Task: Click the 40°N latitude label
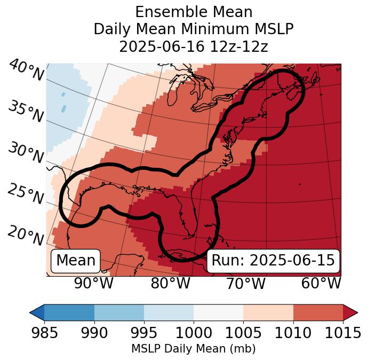[26, 71]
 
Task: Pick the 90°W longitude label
[94, 283]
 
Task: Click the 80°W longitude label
[170, 283]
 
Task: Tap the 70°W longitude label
[245, 283]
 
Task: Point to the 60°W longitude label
[321, 283]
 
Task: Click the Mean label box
[76, 261]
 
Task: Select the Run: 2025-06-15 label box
[273, 261]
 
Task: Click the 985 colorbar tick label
[44, 333]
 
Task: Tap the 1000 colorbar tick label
[194, 333]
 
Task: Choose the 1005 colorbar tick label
[243, 333]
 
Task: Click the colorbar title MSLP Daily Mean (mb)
[193, 349]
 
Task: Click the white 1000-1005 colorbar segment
[218, 312]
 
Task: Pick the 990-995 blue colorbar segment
[119, 312]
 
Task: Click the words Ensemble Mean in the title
[194, 12]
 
